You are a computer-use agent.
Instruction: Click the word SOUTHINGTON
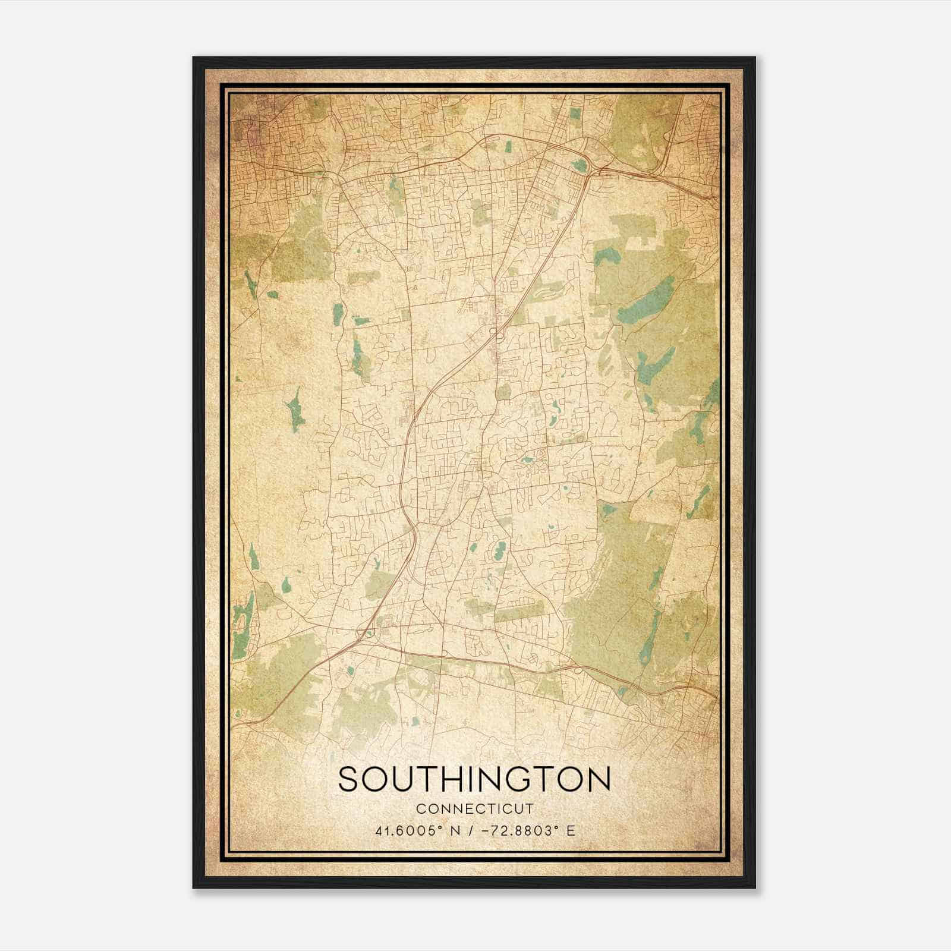(474, 779)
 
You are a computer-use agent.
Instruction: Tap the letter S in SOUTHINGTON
(348, 779)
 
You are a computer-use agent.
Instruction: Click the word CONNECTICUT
(474, 808)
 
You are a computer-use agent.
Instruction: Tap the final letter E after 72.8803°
(571, 830)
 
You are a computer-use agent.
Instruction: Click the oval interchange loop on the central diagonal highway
(493, 331)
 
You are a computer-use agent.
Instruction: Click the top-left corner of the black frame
(194, 58)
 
